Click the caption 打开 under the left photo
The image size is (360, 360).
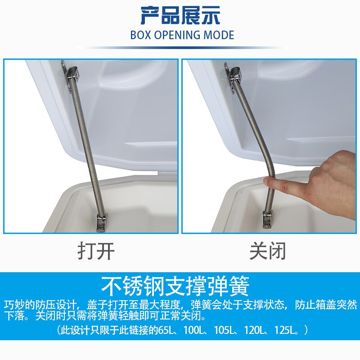coord(96,251)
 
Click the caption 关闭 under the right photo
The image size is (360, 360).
coord(268,251)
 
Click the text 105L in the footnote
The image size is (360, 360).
coord(225,330)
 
